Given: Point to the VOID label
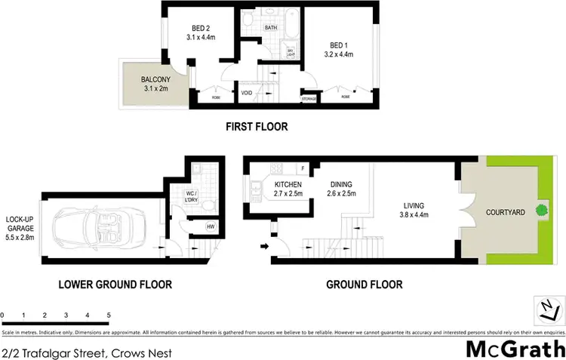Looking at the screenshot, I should tap(247, 93).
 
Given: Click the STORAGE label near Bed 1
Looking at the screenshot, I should tap(308, 97).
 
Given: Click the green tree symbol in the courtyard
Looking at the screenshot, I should tap(540, 211).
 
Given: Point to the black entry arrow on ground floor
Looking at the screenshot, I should tap(263, 245).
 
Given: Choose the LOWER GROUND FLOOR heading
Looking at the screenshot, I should tap(116, 285).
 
